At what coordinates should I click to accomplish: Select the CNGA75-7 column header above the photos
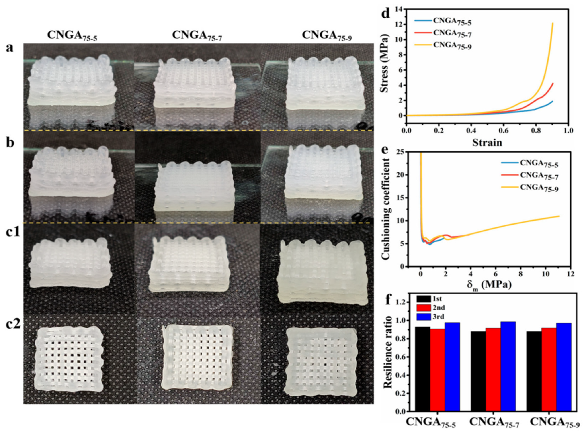(197, 35)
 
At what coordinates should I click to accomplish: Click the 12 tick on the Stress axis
(399, 25)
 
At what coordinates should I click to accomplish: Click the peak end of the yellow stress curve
(553, 23)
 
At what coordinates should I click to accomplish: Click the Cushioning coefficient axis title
(386, 208)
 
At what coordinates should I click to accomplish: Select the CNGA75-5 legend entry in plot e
(539, 164)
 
